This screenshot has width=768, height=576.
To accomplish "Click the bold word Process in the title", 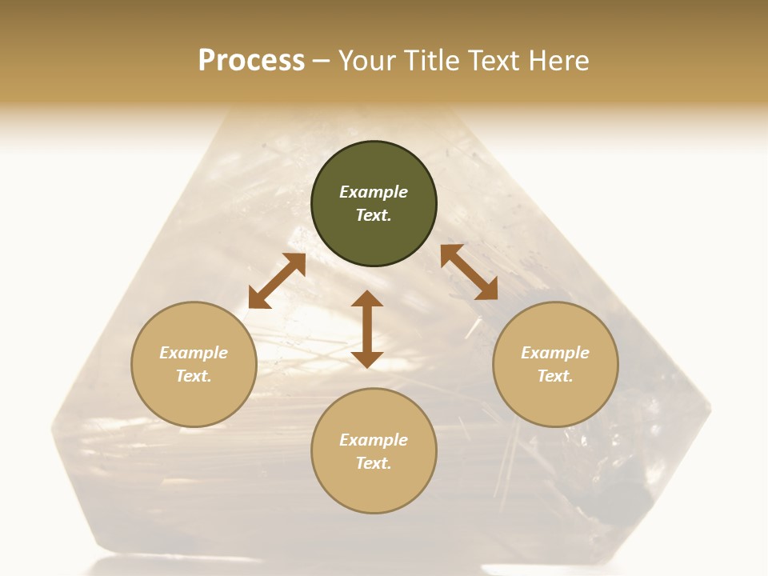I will click(251, 61).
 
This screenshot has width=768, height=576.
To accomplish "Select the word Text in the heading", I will click(492, 61).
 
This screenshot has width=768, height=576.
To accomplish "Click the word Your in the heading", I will click(367, 61).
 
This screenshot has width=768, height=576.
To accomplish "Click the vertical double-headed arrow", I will click(367, 329).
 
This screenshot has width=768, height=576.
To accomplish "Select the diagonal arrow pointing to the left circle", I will click(277, 281).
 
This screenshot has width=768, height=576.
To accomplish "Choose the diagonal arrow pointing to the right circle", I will click(469, 272).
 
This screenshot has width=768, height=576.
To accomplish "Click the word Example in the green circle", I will click(374, 192).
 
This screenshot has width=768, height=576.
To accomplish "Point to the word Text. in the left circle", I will click(194, 376).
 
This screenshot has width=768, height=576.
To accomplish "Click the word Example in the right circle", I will click(555, 353).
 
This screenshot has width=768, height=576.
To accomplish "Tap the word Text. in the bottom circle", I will click(374, 463).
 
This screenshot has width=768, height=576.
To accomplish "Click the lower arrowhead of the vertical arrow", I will click(367, 359).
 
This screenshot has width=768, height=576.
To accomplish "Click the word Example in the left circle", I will click(194, 353).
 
